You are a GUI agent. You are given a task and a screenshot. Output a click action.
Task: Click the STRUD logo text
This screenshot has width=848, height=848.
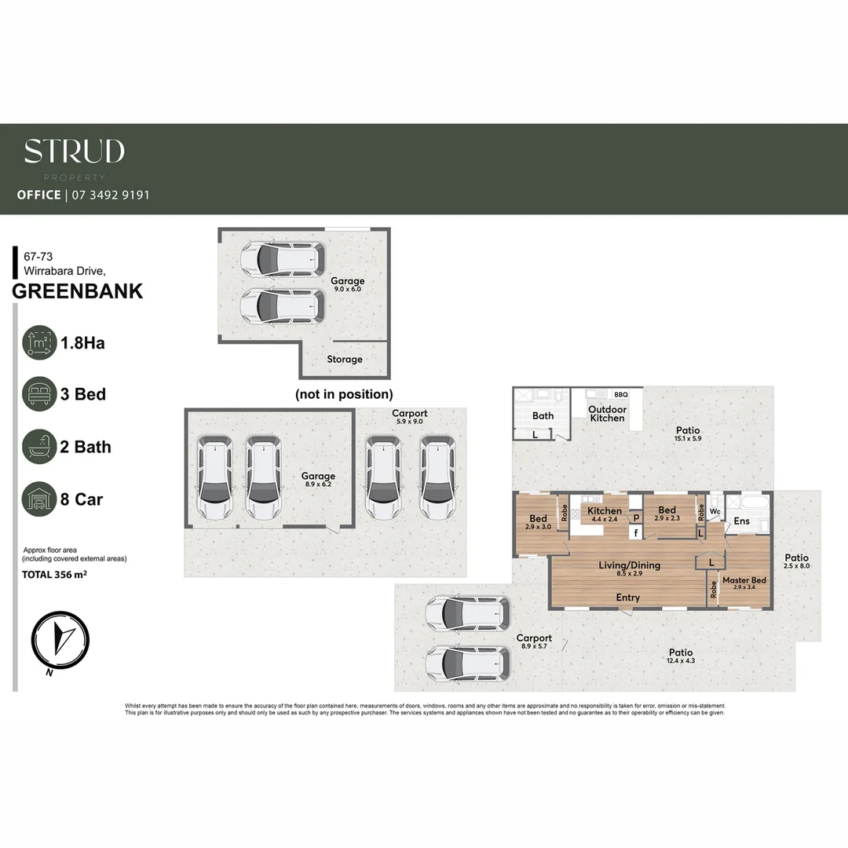[x=74, y=152]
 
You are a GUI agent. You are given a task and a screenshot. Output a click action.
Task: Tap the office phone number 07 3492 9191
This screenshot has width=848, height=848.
[x=110, y=195]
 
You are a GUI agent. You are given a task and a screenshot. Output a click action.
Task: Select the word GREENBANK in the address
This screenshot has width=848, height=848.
[x=79, y=291]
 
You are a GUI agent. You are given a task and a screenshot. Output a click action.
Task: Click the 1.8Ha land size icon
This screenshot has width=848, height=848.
[x=39, y=342]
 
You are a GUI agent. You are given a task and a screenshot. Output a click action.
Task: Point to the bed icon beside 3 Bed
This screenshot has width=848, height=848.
[x=39, y=394]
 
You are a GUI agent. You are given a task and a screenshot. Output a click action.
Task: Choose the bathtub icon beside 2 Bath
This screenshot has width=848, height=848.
[x=39, y=447]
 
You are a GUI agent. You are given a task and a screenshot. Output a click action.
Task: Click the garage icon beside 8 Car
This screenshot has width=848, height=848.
[x=39, y=499]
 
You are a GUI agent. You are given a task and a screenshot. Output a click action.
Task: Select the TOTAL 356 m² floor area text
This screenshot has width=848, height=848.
[x=53, y=574]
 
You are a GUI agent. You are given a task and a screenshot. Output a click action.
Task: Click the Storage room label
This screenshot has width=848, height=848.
[x=345, y=360]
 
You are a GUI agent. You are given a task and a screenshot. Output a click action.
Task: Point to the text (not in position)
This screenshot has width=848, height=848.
[x=344, y=394]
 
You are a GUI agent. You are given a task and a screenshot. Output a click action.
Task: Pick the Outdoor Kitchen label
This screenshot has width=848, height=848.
[x=608, y=414]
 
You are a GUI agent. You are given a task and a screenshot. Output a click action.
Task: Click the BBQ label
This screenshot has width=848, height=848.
[x=621, y=394]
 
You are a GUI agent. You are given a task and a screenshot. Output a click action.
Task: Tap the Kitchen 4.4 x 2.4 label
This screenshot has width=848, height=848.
[x=605, y=515]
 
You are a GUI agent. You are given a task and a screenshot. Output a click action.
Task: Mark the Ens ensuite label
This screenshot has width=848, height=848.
[x=741, y=521]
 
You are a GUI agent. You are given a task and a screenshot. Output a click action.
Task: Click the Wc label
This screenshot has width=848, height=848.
[x=715, y=511]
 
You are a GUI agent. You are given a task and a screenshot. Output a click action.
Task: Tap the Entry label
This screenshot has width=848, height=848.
[x=627, y=598]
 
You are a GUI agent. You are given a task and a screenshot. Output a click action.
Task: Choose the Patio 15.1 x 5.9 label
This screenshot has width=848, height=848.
[x=688, y=434]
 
